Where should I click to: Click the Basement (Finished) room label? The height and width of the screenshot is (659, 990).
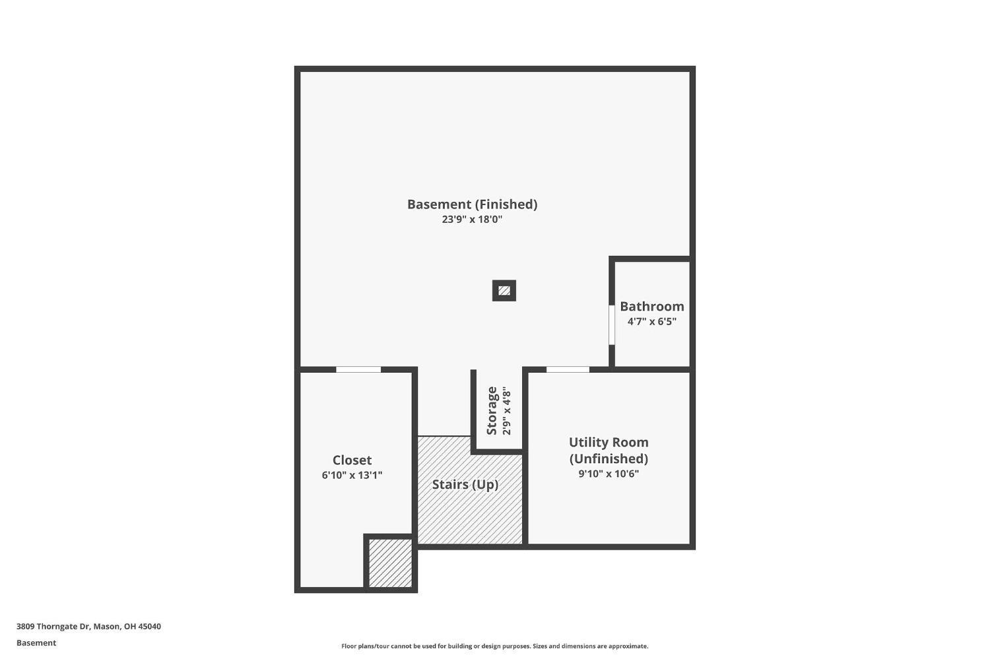(x=472, y=204)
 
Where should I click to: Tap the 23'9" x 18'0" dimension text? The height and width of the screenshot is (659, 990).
(x=472, y=220)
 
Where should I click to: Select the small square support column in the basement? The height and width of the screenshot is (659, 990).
(x=504, y=290)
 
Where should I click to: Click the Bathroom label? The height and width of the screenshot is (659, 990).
(x=651, y=307)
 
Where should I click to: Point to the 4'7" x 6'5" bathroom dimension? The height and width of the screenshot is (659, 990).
(x=651, y=322)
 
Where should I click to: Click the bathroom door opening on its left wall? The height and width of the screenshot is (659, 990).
(x=612, y=325)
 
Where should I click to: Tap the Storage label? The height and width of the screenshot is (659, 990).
(x=492, y=410)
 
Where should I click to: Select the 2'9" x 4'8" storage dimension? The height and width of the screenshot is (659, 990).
(x=507, y=410)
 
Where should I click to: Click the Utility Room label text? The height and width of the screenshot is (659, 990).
(x=609, y=443)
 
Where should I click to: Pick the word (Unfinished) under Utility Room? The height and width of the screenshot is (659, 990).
(x=609, y=458)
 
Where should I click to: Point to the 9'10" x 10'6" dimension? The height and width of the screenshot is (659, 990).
(x=609, y=474)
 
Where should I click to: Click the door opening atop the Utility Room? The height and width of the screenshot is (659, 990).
(x=568, y=369)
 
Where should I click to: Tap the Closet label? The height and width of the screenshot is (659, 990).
(x=352, y=460)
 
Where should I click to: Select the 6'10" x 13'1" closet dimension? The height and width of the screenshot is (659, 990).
(x=352, y=475)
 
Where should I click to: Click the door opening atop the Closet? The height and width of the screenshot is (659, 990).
(x=358, y=369)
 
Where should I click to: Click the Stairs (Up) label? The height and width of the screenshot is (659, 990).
(x=465, y=485)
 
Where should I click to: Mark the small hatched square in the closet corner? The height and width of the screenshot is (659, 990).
(x=390, y=563)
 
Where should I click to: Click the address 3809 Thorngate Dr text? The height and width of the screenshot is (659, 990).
(x=53, y=627)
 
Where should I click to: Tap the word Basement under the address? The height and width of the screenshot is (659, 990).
(x=36, y=643)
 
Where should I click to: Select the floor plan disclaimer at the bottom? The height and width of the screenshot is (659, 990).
(x=494, y=646)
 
